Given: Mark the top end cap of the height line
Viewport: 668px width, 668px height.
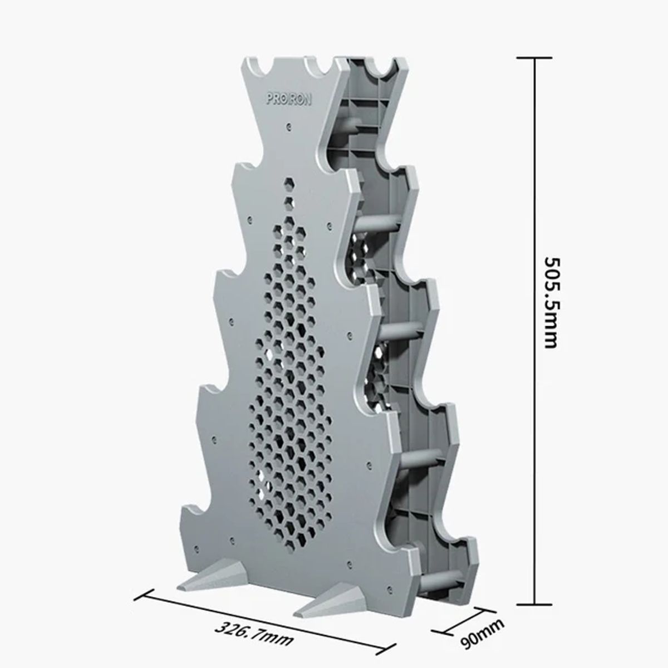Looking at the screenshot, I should click(x=536, y=57).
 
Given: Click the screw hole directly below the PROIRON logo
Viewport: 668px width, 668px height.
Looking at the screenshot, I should click(x=289, y=126).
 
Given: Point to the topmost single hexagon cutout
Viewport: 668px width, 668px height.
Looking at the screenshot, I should click(x=289, y=183).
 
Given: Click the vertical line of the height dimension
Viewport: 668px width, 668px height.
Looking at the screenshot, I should click(x=536, y=223).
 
